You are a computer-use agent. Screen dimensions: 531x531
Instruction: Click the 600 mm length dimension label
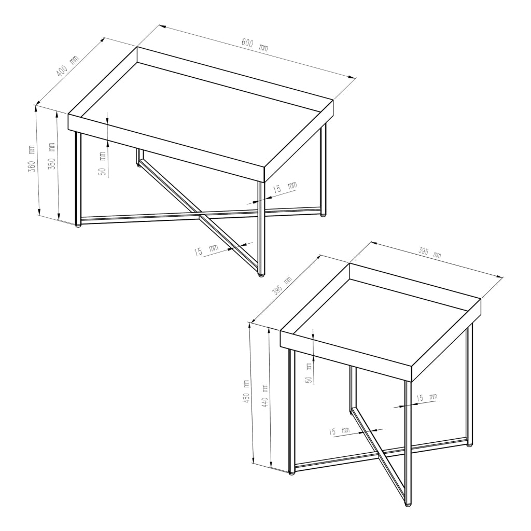click(x=255, y=45)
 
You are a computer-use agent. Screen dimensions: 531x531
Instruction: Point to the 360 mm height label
click(x=32, y=159)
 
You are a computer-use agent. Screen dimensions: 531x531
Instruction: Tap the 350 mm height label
click(x=51, y=156)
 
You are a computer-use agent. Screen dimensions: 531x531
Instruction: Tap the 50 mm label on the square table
click(x=309, y=373)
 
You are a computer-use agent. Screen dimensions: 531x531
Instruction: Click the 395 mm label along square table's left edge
click(x=282, y=286)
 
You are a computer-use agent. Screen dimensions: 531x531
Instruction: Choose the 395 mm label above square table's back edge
click(x=430, y=253)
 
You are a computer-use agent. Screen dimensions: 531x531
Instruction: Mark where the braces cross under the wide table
click(x=201, y=214)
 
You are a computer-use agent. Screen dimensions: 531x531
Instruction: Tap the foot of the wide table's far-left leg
click(x=78, y=226)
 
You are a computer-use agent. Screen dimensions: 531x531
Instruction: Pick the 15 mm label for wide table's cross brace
click(x=206, y=250)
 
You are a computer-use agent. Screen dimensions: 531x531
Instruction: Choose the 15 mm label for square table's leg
click(x=427, y=398)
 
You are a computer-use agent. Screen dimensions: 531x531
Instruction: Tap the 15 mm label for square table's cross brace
click(x=339, y=431)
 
